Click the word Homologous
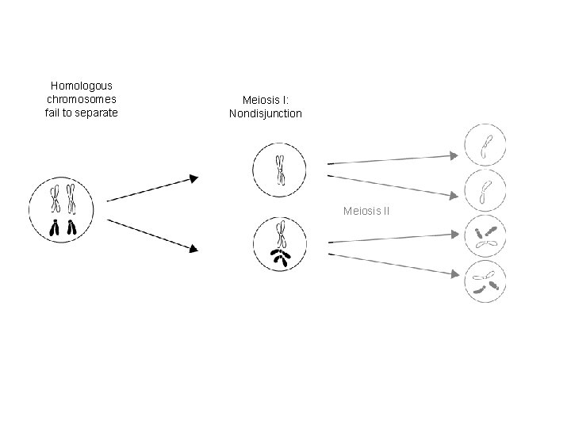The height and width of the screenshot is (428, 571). pyautogui.click(x=82, y=85)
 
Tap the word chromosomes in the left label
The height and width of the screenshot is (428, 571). pyautogui.click(x=82, y=99)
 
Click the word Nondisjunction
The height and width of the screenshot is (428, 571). pyautogui.click(x=266, y=113)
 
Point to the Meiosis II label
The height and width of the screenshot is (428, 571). pyautogui.click(x=365, y=211)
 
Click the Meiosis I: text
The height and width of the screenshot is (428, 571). pyautogui.click(x=266, y=100)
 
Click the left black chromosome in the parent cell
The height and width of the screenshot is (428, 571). pyautogui.click(x=55, y=229)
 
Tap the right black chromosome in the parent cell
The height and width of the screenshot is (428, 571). pyautogui.click(x=71, y=229)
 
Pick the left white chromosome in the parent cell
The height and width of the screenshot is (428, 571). pyautogui.click(x=55, y=199)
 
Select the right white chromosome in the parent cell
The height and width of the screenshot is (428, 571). pyautogui.click(x=71, y=199)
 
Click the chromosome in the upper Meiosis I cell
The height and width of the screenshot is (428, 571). pyautogui.click(x=280, y=169)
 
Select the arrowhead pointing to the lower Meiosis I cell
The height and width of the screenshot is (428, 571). pyautogui.click(x=194, y=248)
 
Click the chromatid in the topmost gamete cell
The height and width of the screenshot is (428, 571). pyautogui.click(x=485, y=145)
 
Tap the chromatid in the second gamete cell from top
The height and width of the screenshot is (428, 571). pyautogui.click(x=485, y=189)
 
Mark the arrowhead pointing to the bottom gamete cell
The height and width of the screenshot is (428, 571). pyautogui.click(x=455, y=275)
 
